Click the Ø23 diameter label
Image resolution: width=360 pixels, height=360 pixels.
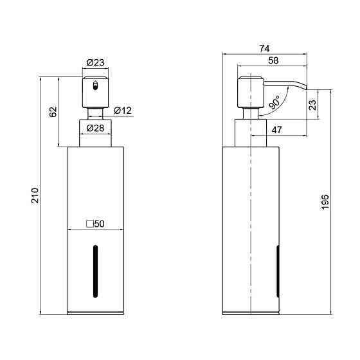click(x=95, y=62)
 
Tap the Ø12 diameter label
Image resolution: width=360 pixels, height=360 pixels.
click(x=123, y=111)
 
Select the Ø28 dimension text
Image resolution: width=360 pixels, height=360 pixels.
click(x=95, y=128)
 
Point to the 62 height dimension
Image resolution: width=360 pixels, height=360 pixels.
click(x=53, y=112)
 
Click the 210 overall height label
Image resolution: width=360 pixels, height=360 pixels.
click(x=35, y=195)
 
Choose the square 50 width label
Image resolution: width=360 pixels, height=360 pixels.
click(x=95, y=224)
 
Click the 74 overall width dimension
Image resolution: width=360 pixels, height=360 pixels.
click(x=264, y=48)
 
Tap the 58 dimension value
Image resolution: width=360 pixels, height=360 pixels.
click(x=273, y=60)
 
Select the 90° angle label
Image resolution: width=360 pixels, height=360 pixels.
click(x=274, y=102)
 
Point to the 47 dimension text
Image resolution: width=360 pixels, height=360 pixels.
click(x=276, y=130)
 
